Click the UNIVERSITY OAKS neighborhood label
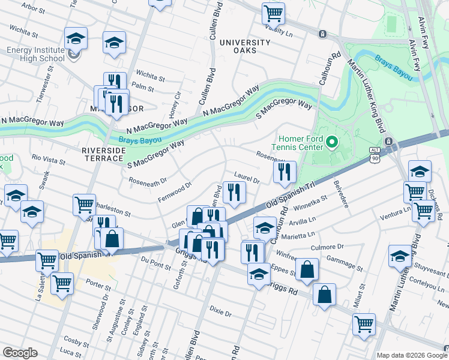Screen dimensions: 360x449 245,46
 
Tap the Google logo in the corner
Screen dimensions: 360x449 20,353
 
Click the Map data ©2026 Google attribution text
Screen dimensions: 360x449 412,355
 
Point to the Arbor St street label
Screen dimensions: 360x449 33,7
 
